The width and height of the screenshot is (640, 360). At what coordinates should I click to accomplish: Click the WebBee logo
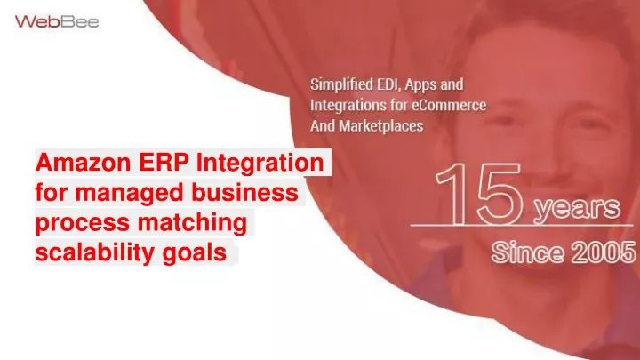(57, 21)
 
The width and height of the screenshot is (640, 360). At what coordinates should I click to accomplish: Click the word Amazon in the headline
(83, 163)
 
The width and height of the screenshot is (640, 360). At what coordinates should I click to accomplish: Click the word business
(245, 192)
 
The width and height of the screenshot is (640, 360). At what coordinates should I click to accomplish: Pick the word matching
(192, 223)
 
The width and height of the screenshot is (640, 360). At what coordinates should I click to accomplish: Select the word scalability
(95, 253)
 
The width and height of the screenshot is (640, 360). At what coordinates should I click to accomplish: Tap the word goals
(195, 253)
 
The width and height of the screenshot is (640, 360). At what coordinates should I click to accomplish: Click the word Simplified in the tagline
(341, 85)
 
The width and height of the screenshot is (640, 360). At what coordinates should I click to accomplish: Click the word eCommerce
(449, 105)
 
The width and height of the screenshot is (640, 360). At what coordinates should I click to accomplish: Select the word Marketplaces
(381, 126)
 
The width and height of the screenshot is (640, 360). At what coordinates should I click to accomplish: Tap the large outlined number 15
(479, 194)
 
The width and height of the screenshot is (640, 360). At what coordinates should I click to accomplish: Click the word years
(577, 207)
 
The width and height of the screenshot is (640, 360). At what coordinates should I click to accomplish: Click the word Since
(527, 252)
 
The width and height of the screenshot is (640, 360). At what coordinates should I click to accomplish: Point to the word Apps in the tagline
(421, 85)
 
